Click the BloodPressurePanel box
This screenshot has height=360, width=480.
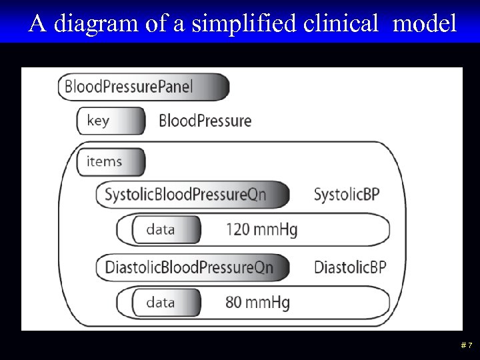143,87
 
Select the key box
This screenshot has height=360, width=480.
111,121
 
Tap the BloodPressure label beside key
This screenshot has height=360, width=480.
205,121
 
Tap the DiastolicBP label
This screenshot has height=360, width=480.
350,267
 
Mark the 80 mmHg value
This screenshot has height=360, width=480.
257,303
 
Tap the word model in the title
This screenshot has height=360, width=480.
425,25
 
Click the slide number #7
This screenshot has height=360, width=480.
466,345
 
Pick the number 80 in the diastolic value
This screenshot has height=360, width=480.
233,303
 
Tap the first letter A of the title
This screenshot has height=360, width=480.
38,25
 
